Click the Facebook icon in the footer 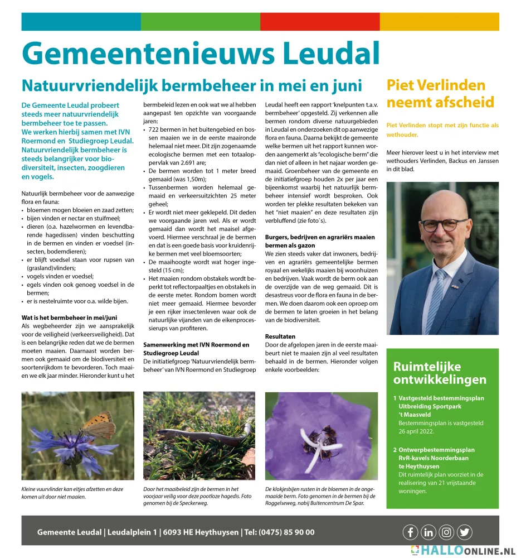(410, 532)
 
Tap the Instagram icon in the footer (446, 532)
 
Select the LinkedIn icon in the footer (428, 532)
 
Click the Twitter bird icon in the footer (464, 532)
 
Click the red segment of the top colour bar (320, 22)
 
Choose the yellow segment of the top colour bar (439, 22)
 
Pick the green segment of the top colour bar (200, 22)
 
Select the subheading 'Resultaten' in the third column (280, 337)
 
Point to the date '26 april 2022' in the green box (418, 431)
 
